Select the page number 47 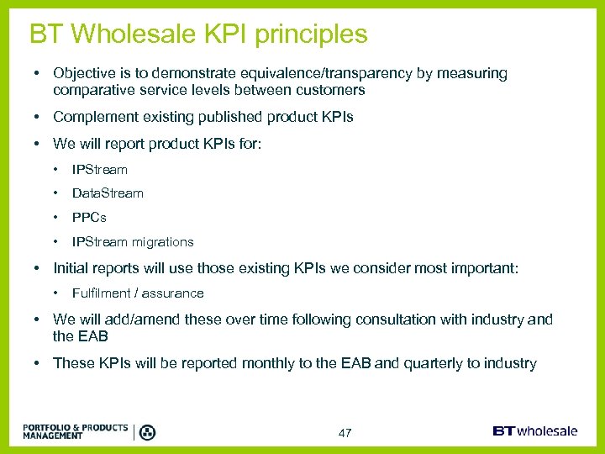pyautogui.click(x=345, y=433)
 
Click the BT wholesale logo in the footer pyautogui.click(x=535, y=431)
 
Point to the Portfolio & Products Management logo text pyautogui.click(x=76, y=432)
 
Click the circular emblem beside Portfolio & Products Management pyautogui.click(x=147, y=432)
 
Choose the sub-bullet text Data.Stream pyautogui.click(x=108, y=193)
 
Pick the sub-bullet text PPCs pyautogui.click(x=89, y=218)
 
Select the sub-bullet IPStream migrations pyautogui.click(x=133, y=242)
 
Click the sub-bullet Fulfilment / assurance pyautogui.click(x=138, y=293)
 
